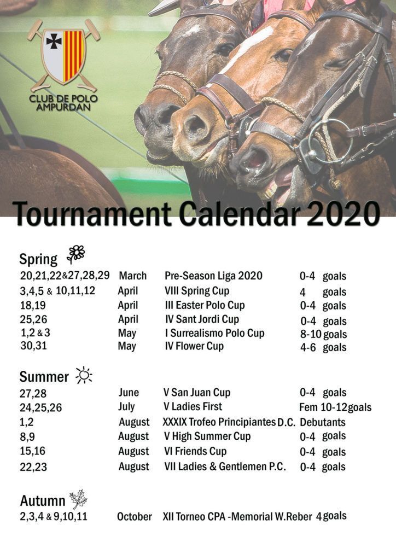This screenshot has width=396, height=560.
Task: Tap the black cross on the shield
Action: tap(54, 42)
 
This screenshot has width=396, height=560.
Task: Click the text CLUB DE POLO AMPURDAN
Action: tap(63, 102)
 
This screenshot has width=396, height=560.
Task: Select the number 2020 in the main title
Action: tap(343, 214)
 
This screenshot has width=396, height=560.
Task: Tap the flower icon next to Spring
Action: tap(76, 254)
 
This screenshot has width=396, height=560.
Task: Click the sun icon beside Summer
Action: tap(84, 375)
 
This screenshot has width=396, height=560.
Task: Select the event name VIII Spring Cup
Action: tap(197, 291)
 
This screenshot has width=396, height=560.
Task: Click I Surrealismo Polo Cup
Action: tap(214, 333)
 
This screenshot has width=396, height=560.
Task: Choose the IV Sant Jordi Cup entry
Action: tap(202, 319)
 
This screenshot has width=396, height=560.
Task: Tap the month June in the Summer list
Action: tap(129, 393)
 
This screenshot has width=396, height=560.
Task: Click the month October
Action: tap(135, 517)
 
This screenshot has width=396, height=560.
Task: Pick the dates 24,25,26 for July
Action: tap(40, 408)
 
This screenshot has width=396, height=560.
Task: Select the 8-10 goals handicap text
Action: tap(323, 334)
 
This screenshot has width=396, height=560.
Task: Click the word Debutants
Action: tap(323, 422)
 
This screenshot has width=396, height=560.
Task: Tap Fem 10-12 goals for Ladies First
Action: tap(335, 407)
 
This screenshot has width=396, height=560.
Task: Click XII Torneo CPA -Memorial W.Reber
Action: tap(237, 517)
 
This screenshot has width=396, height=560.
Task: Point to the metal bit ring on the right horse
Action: tap(330, 142)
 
